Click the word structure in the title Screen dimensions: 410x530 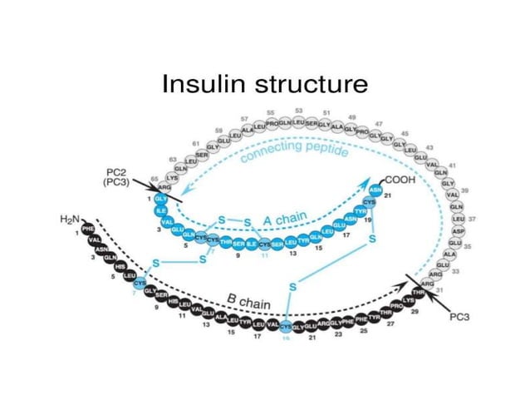click(x=307, y=84)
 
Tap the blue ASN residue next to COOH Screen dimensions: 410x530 click(x=375, y=190)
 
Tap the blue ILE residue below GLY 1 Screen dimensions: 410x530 click(x=162, y=211)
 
